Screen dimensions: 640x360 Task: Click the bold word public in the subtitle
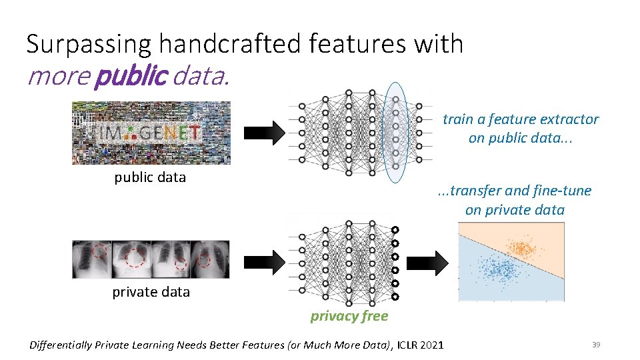(x=130, y=76)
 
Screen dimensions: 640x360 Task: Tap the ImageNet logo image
(x=151, y=132)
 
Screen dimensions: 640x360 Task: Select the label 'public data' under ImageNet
(x=150, y=177)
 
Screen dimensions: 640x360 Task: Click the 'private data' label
(x=151, y=292)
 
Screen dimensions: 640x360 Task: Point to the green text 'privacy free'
(x=349, y=316)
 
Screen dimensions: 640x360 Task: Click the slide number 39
(x=596, y=345)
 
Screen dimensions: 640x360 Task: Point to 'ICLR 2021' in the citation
(x=420, y=345)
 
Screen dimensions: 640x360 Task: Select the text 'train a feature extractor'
(x=521, y=119)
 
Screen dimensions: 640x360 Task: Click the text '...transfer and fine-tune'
(x=514, y=191)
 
